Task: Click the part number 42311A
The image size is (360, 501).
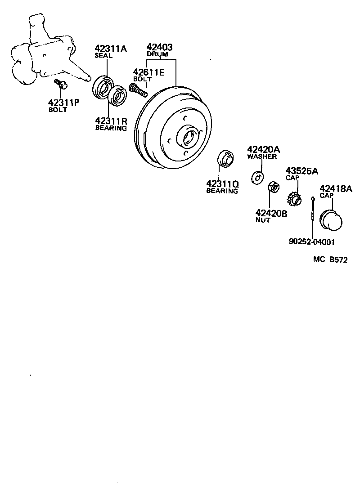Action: click(x=110, y=49)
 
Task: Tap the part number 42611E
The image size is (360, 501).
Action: click(x=148, y=72)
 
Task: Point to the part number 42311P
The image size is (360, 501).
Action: click(x=64, y=102)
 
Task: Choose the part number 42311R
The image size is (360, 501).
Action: click(x=111, y=121)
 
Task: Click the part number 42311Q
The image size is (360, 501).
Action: click(x=222, y=183)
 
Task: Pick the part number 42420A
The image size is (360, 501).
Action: click(x=263, y=149)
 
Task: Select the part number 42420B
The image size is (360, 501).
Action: click(x=271, y=213)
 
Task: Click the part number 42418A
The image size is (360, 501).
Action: click(x=336, y=189)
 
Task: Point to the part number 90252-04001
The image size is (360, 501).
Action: click(x=312, y=242)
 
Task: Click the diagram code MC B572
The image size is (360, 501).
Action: click(x=330, y=260)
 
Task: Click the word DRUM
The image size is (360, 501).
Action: click(x=157, y=54)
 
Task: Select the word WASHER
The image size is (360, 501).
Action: click(x=262, y=157)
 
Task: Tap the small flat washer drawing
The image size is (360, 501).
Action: click(x=257, y=177)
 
